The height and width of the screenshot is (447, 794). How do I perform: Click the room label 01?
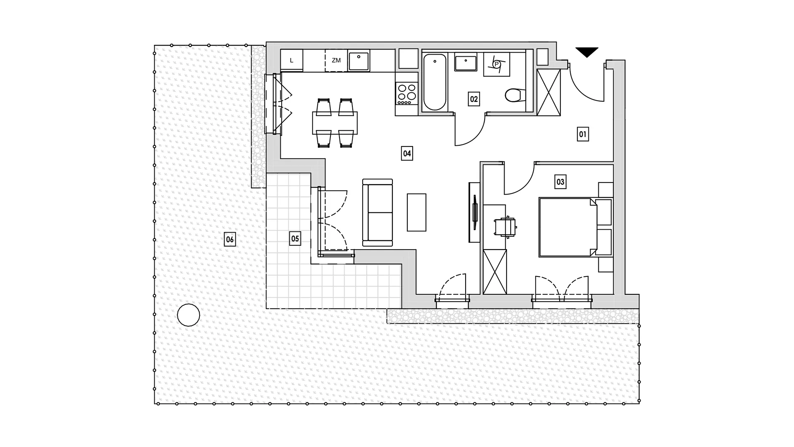click(x=583, y=134)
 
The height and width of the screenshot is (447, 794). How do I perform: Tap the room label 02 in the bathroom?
click(x=474, y=99)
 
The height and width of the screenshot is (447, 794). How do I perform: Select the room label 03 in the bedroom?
click(x=560, y=182)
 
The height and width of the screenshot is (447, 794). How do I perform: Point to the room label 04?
click(x=407, y=154)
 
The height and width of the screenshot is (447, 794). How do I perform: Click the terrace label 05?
click(x=295, y=239)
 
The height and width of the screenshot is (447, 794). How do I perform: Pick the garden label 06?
click(x=230, y=240)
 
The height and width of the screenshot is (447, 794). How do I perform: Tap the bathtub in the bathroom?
click(x=435, y=82)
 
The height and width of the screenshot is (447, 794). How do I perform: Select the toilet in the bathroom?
click(x=515, y=96)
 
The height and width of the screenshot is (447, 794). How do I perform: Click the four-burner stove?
click(x=407, y=94)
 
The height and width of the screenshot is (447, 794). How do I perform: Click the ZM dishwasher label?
click(x=336, y=60)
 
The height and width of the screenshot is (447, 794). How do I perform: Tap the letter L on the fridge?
click(x=292, y=60)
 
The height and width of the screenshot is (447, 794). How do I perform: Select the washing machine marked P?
click(x=497, y=64)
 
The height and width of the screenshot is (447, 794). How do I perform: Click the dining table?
click(x=335, y=123)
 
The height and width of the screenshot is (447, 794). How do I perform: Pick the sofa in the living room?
click(x=377, y=213)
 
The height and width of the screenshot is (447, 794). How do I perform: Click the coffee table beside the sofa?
click(x=416, y=212)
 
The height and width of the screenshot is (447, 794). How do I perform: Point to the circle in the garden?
click(x=189, y=315)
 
